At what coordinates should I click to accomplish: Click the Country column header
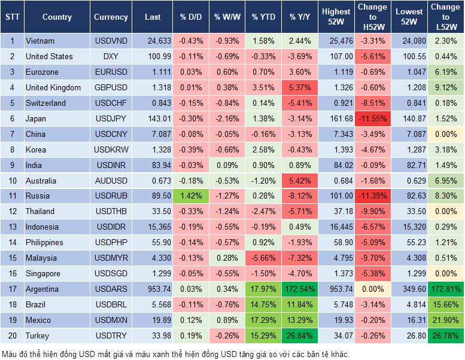[x=57, y=17]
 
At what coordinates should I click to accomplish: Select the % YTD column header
[x=263, y=17]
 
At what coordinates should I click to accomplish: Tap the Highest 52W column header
[x=336, y=17]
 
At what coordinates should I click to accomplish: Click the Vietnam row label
[x=41, y=41]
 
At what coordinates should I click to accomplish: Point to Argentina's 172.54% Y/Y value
[x=301, y=289]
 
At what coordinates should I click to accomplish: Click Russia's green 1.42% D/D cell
[x=190, y=196]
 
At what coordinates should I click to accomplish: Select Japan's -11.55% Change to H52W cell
[x=373, y=118]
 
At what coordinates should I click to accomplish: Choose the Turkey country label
[x=38, y=335]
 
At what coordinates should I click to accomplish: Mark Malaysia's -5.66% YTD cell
[x=263, y=258]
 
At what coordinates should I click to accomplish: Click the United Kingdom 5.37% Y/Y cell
[x=301, y=87]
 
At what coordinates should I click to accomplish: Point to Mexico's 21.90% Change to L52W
[x=445, y=320]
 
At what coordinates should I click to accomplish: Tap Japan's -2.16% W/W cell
[x=226, y=118]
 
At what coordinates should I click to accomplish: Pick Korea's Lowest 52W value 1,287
[x=409, y=150]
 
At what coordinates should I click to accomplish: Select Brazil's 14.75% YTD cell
[x=263, y=304]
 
